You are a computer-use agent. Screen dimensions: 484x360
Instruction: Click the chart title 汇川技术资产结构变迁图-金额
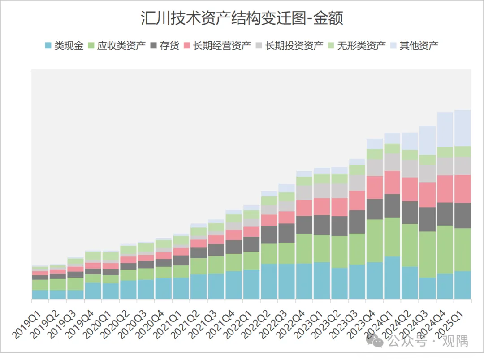[242, 18]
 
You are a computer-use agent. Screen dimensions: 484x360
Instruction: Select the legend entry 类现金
[64, 46]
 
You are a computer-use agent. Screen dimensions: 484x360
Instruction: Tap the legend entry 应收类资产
[117, 46]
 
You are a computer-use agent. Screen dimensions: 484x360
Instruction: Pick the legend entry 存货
[165, 46]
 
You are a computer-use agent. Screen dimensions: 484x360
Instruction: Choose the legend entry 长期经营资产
[217, 46]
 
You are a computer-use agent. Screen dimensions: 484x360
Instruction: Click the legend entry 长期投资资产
[290, 46]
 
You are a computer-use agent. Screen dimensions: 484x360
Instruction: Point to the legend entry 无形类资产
[357, 46]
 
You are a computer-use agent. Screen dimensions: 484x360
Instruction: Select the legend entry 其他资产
[414, 46]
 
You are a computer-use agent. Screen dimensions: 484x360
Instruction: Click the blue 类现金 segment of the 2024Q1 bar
[392, 278]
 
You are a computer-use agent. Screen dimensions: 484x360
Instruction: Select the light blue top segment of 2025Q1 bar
[462, 128]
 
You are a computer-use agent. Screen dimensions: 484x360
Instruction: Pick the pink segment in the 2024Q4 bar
[445, 189]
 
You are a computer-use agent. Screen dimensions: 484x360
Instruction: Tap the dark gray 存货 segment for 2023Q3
[357, 221]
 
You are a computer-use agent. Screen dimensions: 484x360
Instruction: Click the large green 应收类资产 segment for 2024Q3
[427, 254]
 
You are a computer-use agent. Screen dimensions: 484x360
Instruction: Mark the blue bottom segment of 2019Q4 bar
[93, 291]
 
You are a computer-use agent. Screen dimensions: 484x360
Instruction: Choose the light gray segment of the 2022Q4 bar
[304, 193]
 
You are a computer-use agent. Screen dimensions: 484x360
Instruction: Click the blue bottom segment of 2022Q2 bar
[269, 281]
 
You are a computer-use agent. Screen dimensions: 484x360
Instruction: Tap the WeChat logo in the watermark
[374, 341]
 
